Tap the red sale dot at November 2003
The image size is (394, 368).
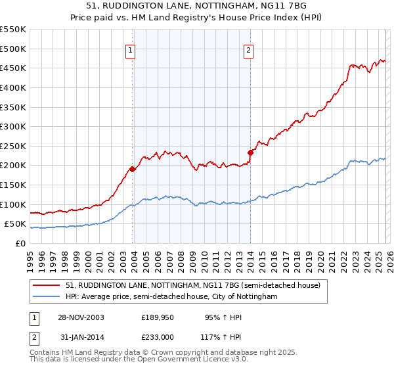click(x=133, y=169)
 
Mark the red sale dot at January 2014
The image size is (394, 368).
click(x=250, y=152)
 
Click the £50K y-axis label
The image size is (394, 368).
click(x=15, y=223)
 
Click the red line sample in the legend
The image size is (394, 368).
click(x=47, y=286)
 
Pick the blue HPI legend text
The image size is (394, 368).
click(x=171, y=297)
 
